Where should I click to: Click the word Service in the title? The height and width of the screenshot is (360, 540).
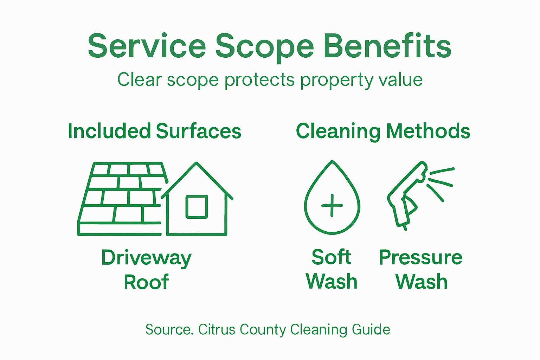[x=147, y=46]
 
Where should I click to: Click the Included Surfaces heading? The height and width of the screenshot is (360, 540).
[x=154, y=131]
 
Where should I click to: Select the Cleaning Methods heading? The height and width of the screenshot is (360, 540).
[x=383, y=131]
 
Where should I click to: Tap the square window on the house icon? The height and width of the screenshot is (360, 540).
[x=197, y=206]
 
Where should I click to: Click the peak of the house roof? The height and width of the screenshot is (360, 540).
[x=197, y=163]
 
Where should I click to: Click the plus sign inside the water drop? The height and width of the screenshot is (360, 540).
[x=332, y=205]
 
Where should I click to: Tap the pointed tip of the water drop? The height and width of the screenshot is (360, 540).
[x=332, y=162]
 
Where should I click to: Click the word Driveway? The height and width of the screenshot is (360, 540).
[x=146, y=258]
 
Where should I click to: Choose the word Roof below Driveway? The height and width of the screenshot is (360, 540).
[x=146, y=282]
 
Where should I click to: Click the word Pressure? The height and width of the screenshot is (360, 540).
[x=420, y=258]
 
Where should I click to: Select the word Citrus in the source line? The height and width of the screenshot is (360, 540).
[x=217, y=330]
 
